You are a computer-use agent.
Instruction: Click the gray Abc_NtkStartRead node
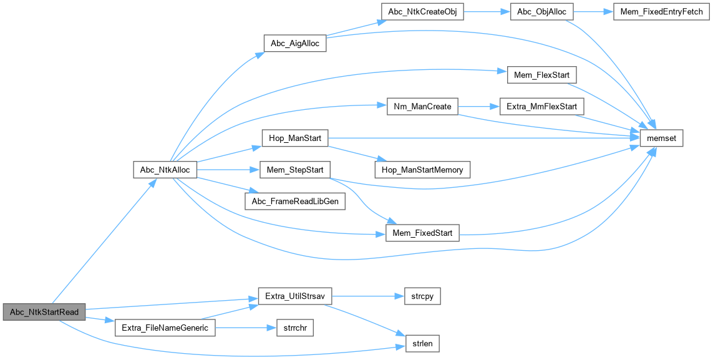coord(44,311)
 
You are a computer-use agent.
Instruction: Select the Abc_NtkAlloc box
coord(165,169)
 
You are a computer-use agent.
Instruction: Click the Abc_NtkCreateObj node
coord(422,12)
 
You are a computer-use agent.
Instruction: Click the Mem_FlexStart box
coord(541,75)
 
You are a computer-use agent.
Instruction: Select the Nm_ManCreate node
coord(422,107)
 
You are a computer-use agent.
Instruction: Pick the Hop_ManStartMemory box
coord(422,169)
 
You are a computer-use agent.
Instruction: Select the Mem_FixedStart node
coord(422,233)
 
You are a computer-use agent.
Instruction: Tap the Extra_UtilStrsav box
coord(295,296)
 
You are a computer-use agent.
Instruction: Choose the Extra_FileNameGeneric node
coord(165,328)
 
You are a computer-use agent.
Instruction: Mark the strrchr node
coord(294,328)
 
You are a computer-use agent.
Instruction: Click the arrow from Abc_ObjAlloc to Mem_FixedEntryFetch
coord(593,12)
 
